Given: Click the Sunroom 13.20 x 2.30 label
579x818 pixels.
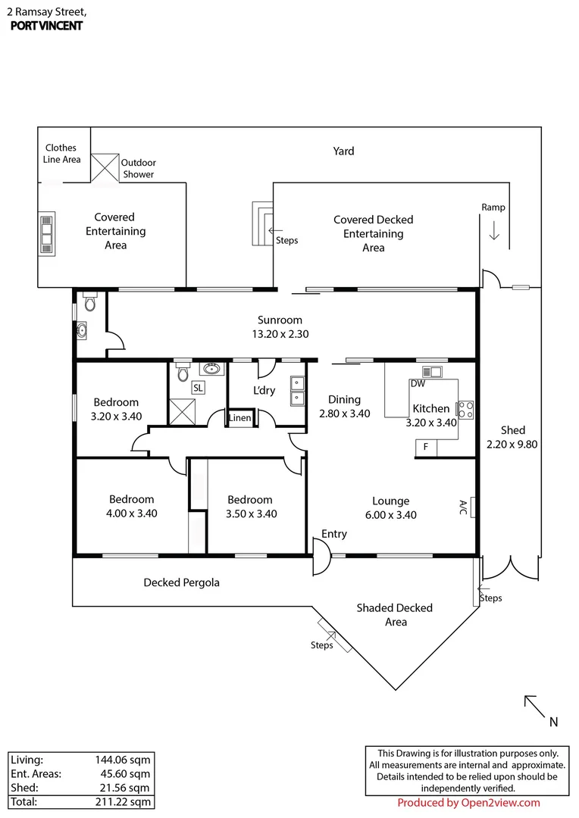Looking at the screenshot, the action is click(x=280, y=327).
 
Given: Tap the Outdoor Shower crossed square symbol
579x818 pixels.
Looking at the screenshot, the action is click(x=105, y=167).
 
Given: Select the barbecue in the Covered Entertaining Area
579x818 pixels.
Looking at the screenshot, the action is click(x=47, y=234).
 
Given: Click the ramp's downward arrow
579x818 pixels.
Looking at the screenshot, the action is click(x=494, y=229).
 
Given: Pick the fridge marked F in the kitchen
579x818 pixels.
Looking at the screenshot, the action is click(x=426, y=448).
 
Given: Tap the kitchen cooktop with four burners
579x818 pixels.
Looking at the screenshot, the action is click(x=466, y=410).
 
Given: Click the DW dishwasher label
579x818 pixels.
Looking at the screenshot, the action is click(x=418, y=383).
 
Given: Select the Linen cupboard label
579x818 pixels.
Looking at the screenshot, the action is click(x=239, y=418).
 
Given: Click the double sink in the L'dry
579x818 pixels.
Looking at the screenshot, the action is click(x=297, y=391).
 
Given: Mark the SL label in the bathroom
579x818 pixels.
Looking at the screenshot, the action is click(x=198, y=388).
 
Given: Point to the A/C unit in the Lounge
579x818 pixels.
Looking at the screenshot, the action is click(x=472, y=507).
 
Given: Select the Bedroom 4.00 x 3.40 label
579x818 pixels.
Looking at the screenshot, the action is click(x=132, y=506).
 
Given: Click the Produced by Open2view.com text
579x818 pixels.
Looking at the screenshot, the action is click(x=468, y=803).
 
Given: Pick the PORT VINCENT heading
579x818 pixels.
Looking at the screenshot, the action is click(x=46, y=26).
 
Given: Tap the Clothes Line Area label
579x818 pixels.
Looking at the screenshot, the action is click(x=61, y=153).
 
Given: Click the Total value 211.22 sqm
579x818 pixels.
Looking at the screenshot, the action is click(x=124, y=802).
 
